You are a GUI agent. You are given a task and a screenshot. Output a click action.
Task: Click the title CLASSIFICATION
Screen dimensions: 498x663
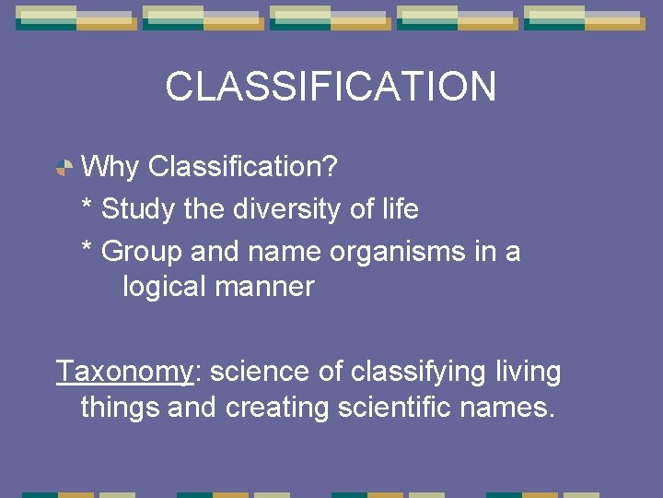[x=331, y=87]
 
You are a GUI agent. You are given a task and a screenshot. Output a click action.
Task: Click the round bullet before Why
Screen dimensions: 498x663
[x=64, y=168]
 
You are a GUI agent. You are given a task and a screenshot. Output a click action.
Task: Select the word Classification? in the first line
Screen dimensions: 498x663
[x=243, y=168]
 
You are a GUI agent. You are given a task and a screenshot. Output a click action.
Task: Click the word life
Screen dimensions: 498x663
[x=398, y=209]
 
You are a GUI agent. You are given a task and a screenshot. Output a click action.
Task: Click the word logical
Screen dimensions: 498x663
[x=165, y=287]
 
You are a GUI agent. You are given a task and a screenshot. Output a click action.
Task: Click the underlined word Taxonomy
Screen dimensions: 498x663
[x=124, y=373]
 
